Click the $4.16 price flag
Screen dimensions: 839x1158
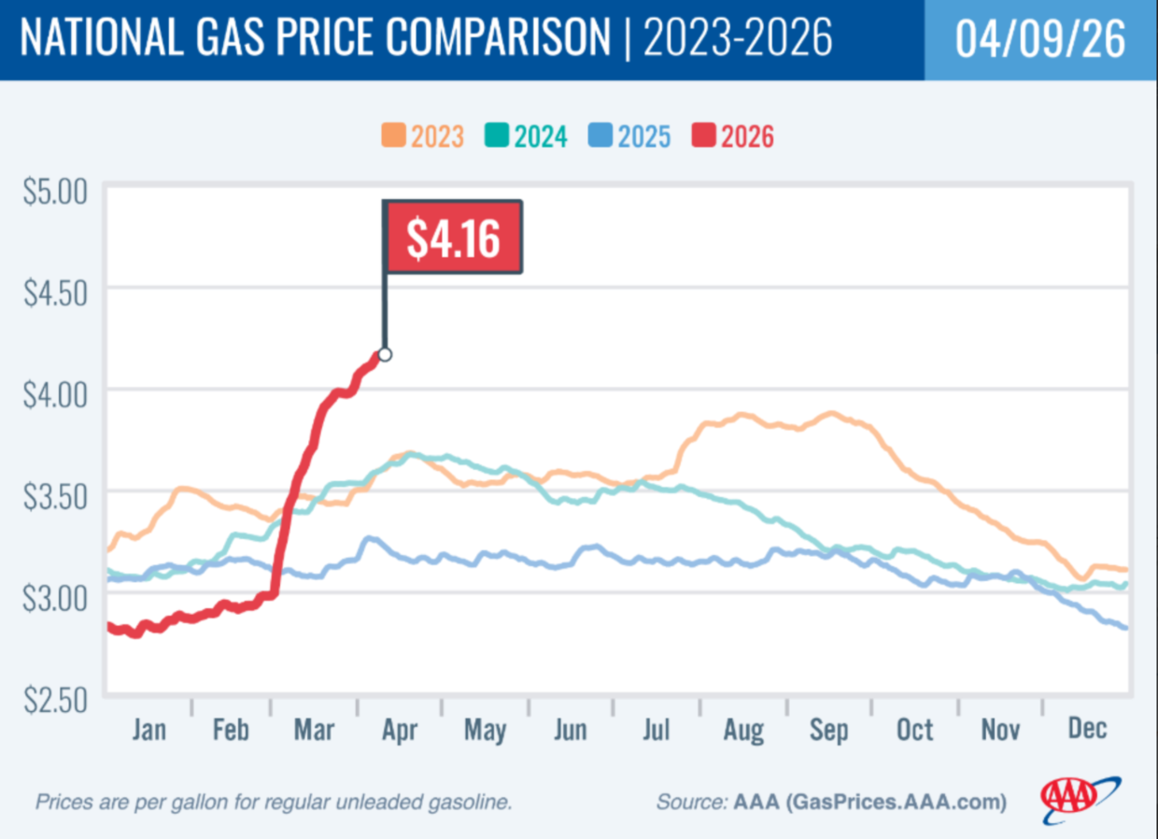coord(453,237)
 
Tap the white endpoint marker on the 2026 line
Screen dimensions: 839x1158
coord(385,354)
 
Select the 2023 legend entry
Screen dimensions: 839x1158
coord(422,136)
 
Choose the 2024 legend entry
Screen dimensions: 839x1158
coord(526,136)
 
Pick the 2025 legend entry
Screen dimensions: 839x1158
coord(629,136)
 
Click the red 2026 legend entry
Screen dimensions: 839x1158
coord(733,136)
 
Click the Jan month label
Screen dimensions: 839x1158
coord(149,730)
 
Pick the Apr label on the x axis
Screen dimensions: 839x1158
coord(400,730)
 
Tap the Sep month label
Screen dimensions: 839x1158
coord(828,730)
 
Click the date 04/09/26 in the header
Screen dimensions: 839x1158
coord(1040,40)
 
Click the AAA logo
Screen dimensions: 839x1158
coord(1081,797)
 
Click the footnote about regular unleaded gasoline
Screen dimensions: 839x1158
coord(274,802)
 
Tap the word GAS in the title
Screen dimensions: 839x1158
coord(205,40)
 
